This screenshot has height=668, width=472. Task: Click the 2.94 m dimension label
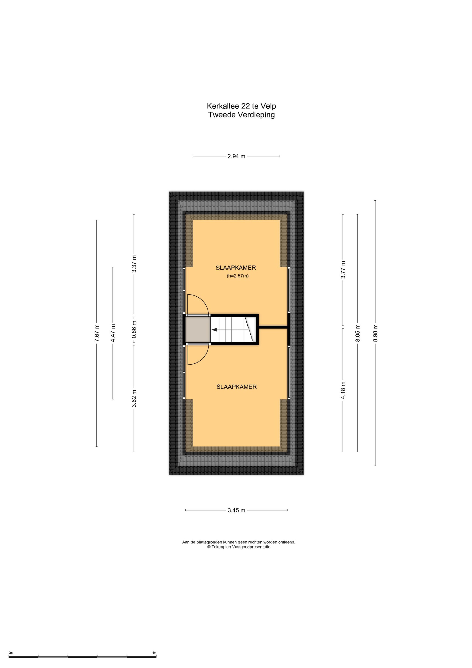click(236, 156)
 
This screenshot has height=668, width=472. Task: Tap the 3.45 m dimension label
click(236, 510)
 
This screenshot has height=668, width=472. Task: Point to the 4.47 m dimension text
click(113, 333)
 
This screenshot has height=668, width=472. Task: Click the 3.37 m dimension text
click(134, 264)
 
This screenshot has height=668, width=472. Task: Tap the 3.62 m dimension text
click(134, 398)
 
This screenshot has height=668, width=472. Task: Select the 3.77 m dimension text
click(343, 270)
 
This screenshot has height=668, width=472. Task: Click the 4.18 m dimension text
click(343, 390)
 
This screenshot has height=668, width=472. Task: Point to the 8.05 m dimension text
click(358, 333)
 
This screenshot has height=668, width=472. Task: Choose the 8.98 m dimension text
click(376, 333)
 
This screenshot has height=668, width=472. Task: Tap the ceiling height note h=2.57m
click(238, 276)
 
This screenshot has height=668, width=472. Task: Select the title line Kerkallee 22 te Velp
click(241, 106)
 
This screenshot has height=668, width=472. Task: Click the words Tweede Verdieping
click(241, 115)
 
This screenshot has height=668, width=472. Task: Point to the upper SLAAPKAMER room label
click(236, 268)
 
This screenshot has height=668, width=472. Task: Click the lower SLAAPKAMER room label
click(237, 387)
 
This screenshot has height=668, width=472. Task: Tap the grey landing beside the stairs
click(198, 329)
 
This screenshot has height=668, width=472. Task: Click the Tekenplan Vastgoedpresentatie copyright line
click(239, 547)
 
